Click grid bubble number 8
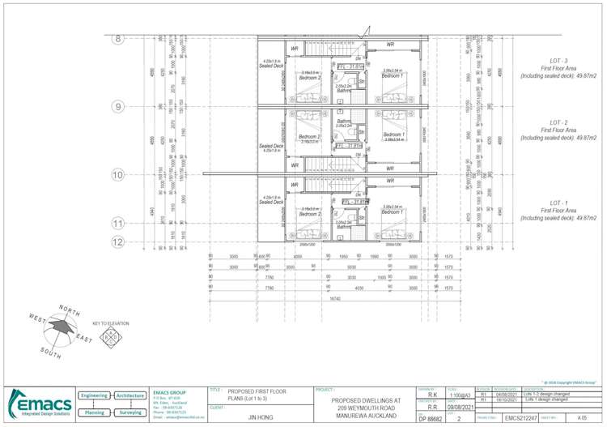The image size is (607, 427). pos(117,38)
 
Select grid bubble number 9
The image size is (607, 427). pos(117,106)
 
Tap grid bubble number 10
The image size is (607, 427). pos(117,174)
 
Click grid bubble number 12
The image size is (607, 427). pos(117,241)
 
